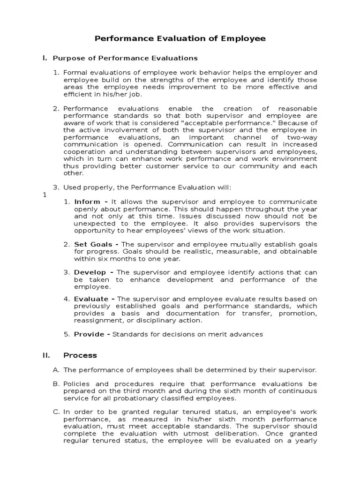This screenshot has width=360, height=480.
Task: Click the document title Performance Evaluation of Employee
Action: [x=180, y=38]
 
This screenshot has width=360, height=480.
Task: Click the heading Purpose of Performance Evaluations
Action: [x=125, y=58]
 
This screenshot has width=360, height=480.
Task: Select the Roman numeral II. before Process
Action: [x=46, y=355]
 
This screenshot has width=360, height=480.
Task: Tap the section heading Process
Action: [x=80, y=355]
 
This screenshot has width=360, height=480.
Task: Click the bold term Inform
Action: [x=87, y=202]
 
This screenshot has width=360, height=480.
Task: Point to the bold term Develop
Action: [x=90, y=272]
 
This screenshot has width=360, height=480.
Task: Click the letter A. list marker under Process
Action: [x=56, y=370]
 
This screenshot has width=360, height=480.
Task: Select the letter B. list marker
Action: [x=56, y=384]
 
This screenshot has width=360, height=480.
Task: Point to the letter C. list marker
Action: [x=56, y=412]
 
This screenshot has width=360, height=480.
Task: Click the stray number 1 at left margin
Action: [x=44, y=195]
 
